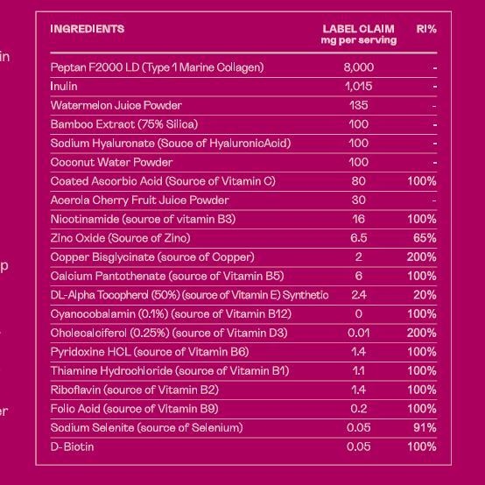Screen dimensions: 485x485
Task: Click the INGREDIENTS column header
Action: (x=88, y=29)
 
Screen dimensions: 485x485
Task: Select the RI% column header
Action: (x=426, y=29)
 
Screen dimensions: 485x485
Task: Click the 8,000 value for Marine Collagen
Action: (x=358, y=67)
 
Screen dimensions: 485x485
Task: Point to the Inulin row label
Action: (x=64, y=87)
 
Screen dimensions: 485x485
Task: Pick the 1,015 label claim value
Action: (x=358, y=87)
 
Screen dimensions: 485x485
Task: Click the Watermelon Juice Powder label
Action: (x=116, y=105)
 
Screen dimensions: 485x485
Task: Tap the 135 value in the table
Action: (x=358, y=105)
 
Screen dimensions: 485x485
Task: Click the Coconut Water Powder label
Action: (x=112, y=162)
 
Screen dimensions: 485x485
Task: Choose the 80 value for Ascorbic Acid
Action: (x=358, y=181)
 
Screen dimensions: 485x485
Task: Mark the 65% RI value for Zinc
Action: (x=425, y=238)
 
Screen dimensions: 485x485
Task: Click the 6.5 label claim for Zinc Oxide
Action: (x=358, y=238)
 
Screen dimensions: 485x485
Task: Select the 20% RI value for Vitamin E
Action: (x=425, y=295)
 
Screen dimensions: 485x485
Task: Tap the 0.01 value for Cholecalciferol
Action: (x=358, y=334)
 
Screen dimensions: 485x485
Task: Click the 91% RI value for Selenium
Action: (x=425, y=428)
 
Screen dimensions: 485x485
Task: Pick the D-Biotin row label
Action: (x=72, y=447)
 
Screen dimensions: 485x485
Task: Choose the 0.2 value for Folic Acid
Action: (x=358, y=409)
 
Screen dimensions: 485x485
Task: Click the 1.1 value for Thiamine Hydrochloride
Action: (x=358, y=371)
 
